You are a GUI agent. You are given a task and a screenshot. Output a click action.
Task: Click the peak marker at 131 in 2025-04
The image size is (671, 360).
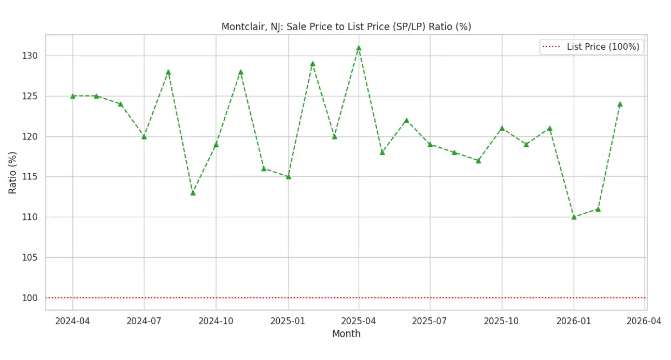tap(359, 48)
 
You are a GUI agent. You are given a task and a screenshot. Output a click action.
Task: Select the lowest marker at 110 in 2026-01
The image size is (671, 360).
tap(574, 217)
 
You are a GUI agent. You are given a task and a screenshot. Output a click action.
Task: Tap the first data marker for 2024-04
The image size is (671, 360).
tap(72, 96)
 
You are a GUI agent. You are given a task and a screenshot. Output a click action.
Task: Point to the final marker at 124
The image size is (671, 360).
tap(620, 104)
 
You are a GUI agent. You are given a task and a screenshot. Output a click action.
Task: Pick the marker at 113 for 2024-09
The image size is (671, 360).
tap(193, 193)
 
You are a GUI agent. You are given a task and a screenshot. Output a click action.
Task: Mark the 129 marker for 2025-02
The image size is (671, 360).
tap(312, 64)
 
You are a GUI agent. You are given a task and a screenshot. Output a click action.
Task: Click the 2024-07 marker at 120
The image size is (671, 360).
tap(144, 137)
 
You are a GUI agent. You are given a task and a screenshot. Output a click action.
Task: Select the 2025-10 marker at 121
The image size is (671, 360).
tap(502, 129)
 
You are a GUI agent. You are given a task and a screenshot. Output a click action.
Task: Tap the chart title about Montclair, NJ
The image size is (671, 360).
tap(346, 26)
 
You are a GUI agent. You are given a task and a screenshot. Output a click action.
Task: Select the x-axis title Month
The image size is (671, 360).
tap(346, 334)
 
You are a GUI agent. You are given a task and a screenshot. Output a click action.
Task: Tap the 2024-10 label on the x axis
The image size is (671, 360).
tap(216, 321)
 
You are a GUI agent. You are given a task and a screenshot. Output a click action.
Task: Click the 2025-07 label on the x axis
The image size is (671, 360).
tap(430, 321)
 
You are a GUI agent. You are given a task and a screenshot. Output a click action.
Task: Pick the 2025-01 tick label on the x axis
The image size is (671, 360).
tap(288, 321)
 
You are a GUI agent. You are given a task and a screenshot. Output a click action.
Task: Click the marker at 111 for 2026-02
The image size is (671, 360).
tap(598, 209)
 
